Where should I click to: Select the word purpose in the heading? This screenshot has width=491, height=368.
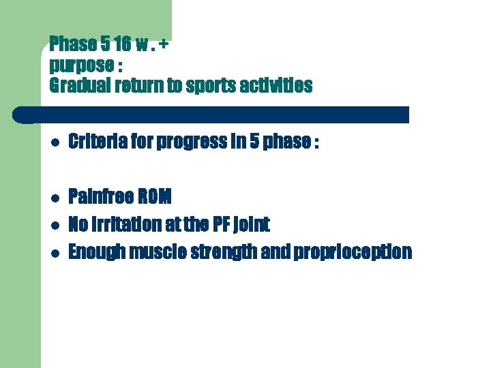pos(76,66)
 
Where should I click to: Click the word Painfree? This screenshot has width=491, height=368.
pos(101,198)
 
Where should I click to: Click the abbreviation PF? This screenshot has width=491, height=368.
pos(217,224)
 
